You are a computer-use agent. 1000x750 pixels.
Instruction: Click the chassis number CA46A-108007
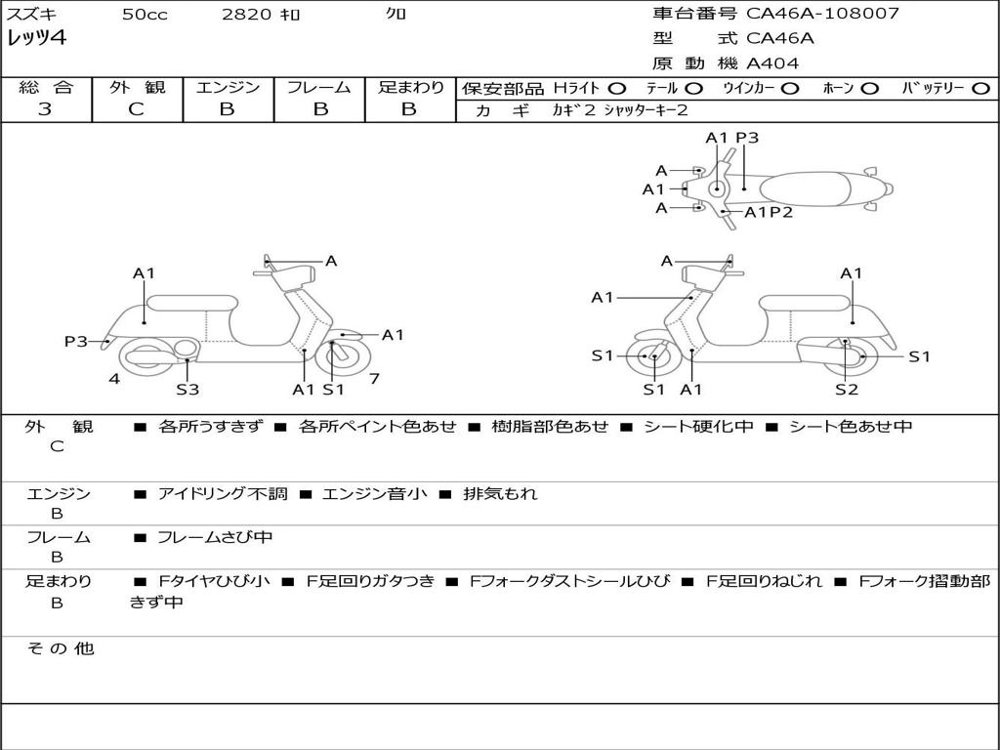click(x=822, y=14)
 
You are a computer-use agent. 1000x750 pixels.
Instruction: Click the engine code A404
click(x=772, y=63)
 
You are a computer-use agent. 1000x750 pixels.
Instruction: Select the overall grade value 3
click(x=45, y=109)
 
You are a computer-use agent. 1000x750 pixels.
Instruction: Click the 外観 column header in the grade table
click(x=137, y=88)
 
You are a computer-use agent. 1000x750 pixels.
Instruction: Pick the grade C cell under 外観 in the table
click(x=137, y=109)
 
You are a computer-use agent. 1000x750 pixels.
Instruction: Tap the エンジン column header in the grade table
click(x=228, y=88)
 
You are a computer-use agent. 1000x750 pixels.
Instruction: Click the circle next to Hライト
click(x=617, y=88)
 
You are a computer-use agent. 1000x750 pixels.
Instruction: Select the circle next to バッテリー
click(x=981, y=88)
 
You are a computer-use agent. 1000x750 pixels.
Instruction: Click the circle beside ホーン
click(x=869, y=88)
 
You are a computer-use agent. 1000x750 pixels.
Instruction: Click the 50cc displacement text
click(x=143, y=15)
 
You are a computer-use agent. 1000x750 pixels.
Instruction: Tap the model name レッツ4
click(x=36, y=39)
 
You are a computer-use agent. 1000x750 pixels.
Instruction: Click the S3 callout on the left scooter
click(x=187, y=390)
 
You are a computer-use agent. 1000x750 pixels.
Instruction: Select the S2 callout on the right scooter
click(x=846, y=390)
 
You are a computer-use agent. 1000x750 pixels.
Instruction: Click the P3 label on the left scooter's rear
click(x=75, y=342)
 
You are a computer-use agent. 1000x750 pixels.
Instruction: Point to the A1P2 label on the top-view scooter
click(x=769, y=212)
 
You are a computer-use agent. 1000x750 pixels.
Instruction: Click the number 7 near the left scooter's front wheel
click(x=374, y=379)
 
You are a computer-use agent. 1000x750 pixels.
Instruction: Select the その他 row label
click(x=59, y=648)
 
